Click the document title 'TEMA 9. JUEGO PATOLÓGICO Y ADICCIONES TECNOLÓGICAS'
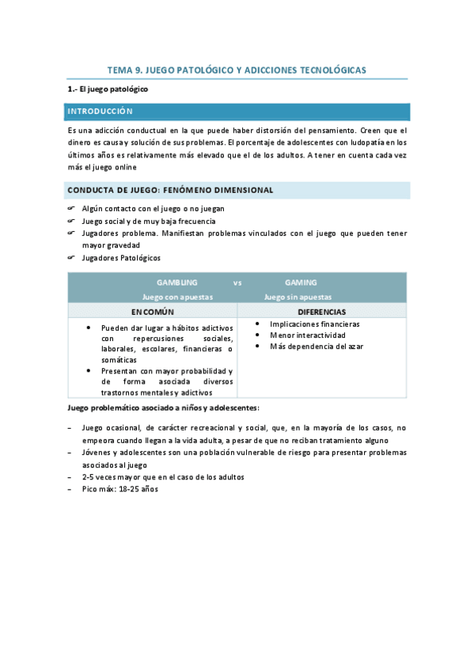[x=237, y=70]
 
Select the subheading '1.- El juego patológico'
[x=108, y=89]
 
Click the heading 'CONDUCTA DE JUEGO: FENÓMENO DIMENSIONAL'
[x=170, y=190]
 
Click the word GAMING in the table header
[x=301, y=282]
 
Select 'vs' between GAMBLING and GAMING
[x=237, y=282]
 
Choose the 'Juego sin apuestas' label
[x=298, y=297]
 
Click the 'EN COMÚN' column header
[x=153, y=311]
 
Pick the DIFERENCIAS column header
[x=321, y=311]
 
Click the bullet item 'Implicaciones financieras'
[x=314, y=324]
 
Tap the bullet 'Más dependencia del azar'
[x=317, y=347]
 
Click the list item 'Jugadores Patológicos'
[x=121, y=258]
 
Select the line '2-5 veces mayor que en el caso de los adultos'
[x=163, y=477]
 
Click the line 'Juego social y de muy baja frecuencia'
[x=149, y=222]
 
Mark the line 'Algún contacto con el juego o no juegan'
[x=153, y=209]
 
